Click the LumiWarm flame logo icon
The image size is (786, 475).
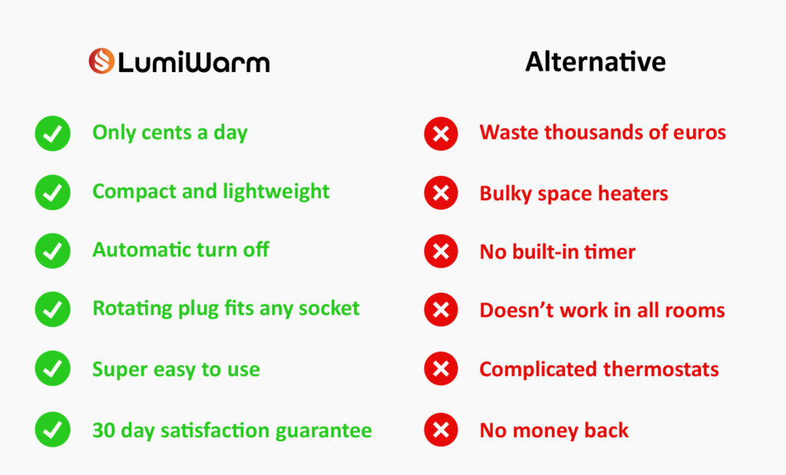[102, 61]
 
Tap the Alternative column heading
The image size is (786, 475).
[596, 61]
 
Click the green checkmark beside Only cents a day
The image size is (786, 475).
[53, 134]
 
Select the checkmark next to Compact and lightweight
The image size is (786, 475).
[53, 192]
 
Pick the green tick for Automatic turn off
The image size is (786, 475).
[53, 250]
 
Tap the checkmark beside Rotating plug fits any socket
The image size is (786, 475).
[53, 309]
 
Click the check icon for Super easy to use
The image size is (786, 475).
[53, 368]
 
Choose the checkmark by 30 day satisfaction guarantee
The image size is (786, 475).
[53, 430]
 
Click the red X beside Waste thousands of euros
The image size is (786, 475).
[441, 134]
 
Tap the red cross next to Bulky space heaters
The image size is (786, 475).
[441, 193]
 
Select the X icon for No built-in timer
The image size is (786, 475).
[441, 251]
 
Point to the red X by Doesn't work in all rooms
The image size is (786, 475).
[441, 310]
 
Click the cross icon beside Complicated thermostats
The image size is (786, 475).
[441, 369]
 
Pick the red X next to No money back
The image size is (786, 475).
[441, 430]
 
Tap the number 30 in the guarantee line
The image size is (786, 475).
[104, 430]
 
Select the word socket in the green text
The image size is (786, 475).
[329, 308]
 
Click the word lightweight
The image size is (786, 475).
[276, 192]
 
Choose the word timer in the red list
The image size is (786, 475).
[610, 252]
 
